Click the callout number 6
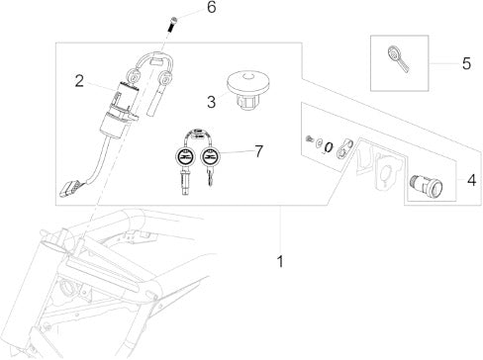(x=212, y=7)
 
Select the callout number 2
(x=79, y=81)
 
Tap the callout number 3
(x=211, y=102)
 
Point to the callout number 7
(x=259, y=151)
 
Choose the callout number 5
(x=466, y=63)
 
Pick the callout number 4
(x=472, y=180)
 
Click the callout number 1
(x=280, y=261)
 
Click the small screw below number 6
(x=172, y=24)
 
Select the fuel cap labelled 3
(x=248, y=91)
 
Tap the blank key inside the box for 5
(x=397, y=58)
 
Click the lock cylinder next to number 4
(x=425, y=187)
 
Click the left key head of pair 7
(x=183, y=155)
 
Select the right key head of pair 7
(x=210, y=155)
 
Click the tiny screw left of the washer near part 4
(x=310, y=139)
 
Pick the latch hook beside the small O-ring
(x=344, y=147)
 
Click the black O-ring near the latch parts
(x=329, y=147)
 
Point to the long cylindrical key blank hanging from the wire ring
(x=155, y=99)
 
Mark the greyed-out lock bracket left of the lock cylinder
(x=389, y=168)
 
